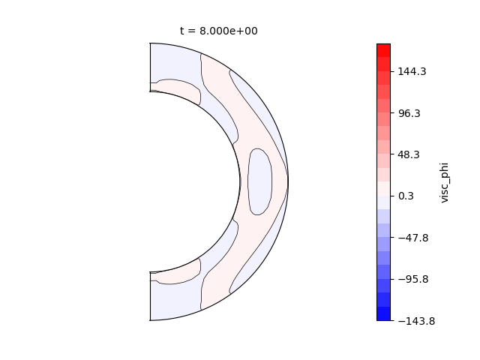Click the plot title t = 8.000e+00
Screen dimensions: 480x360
click(218, 31)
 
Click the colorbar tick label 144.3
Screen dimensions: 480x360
click(412, 72)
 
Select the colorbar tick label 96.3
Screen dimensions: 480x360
click(409, 113)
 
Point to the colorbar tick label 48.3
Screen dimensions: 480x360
click(409, 154)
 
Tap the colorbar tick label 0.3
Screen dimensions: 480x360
click(406, 196)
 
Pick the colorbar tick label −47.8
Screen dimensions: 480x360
click(413, 238)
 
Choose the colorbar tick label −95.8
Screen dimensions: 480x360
click(413, 279)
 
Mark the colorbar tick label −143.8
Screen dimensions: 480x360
click(416, 321)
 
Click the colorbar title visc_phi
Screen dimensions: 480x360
click(444, 182)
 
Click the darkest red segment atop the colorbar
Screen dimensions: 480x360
click(383, 50)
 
